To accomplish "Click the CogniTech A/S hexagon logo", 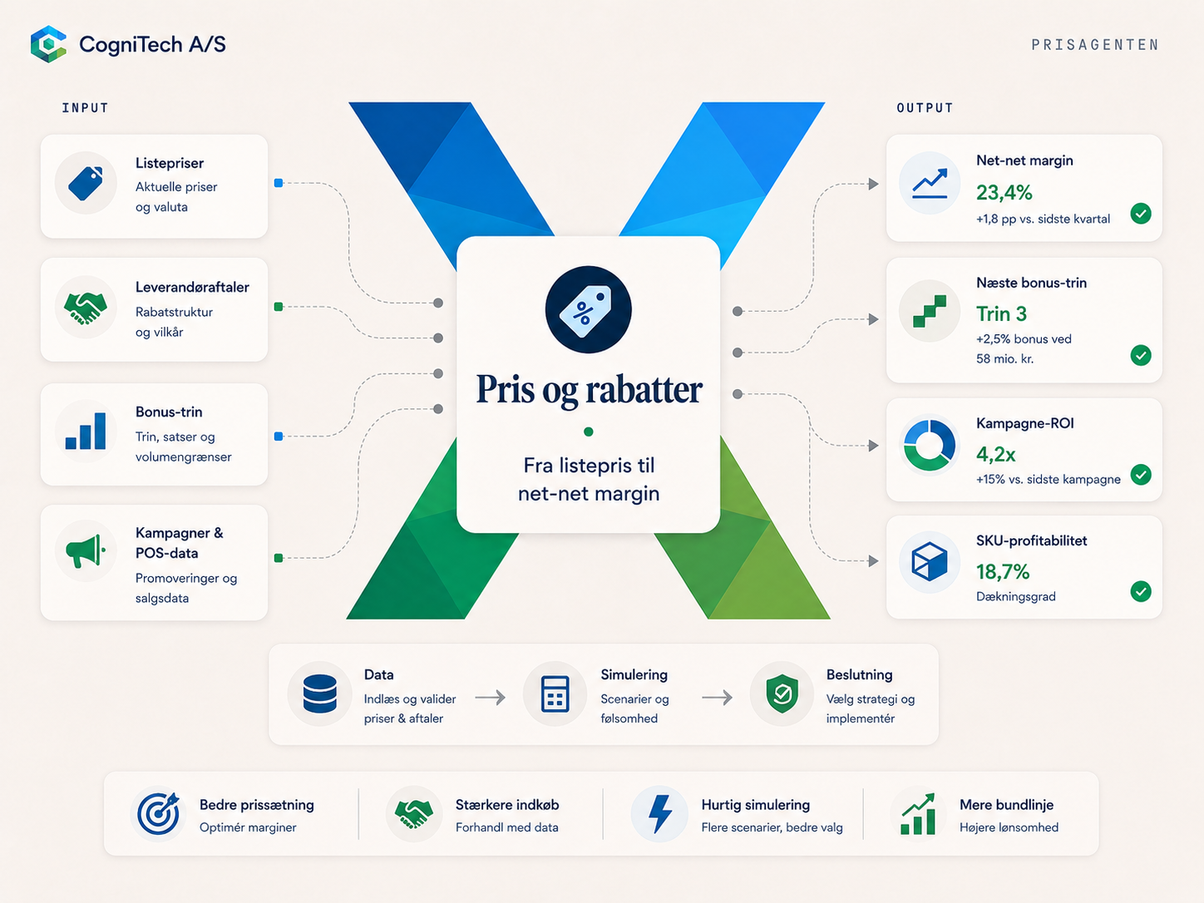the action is point(48,44).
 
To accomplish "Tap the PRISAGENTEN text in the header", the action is point(1095,44).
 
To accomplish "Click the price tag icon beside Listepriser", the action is point(86,183).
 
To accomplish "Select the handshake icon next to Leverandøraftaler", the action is point(86,308).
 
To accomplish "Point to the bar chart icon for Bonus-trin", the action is point(86,431).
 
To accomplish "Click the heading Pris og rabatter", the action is point(589,390).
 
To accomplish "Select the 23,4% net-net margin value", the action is point(1004,192).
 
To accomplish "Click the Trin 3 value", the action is point(1001,313).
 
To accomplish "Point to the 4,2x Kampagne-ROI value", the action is point(995,454).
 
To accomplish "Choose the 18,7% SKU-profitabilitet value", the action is point(1003,572).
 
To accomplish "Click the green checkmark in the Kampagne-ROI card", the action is point(1140,474).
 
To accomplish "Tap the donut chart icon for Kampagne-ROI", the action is point(929,445).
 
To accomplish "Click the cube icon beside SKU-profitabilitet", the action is point(929,561).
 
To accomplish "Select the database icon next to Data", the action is point(320,693).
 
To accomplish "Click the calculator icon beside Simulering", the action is point(555,693).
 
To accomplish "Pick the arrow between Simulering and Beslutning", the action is point(717,698).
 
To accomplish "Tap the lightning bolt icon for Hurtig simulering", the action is point(660,814).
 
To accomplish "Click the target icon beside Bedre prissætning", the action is point(159,814).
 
